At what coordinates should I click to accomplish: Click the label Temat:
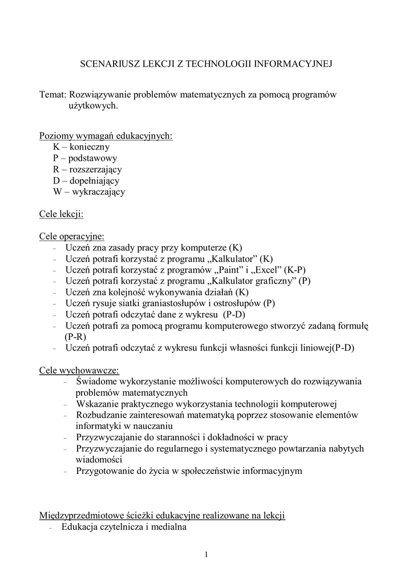click(53, 94)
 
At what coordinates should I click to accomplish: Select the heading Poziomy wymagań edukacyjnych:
click(106, 136)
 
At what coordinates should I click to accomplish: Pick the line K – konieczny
click(81, 147)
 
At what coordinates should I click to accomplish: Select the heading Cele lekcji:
click(62, 214)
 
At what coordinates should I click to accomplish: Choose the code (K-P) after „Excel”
click(299, 270)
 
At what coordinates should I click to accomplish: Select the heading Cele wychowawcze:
click(79, 370)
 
